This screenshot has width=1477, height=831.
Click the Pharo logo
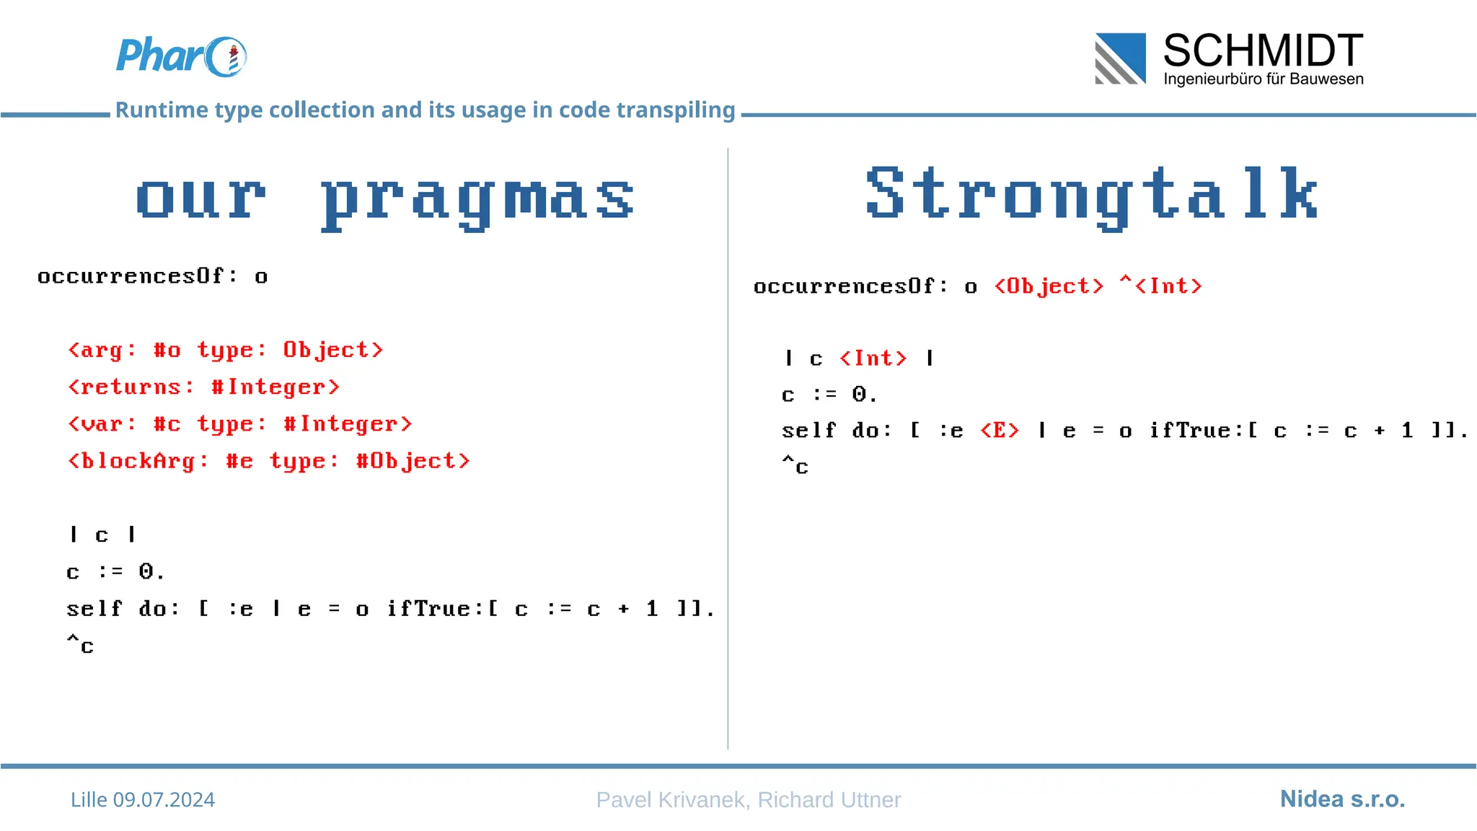click(x=181, y=56)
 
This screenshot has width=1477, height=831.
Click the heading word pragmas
click(x=477, y=198)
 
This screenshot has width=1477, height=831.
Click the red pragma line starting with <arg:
click(x=225, y=350)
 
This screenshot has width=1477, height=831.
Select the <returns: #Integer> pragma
click(x=203, y=387)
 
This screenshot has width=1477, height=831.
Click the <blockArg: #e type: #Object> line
click(x=268, y=461)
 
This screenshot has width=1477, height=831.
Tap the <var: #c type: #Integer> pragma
click(x=239, y=424)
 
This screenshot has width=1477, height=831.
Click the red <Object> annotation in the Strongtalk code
click(x=1049, y=286)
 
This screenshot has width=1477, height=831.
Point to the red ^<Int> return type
click(x=1161, y=286)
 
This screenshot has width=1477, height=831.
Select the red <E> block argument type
click(x=1000, y=431)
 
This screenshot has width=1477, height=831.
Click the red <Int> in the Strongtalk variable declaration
click(x=873, y=359)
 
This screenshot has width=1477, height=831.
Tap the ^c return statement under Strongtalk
click(x=795, y=466)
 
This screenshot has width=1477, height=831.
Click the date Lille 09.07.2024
click(x=143, y=799)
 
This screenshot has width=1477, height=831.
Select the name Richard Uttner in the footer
click(x=829, y=799)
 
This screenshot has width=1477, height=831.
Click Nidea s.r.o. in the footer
click(x=1342, y=799)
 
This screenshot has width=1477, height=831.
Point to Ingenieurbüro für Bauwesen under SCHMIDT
click(x=1263, y=79)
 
